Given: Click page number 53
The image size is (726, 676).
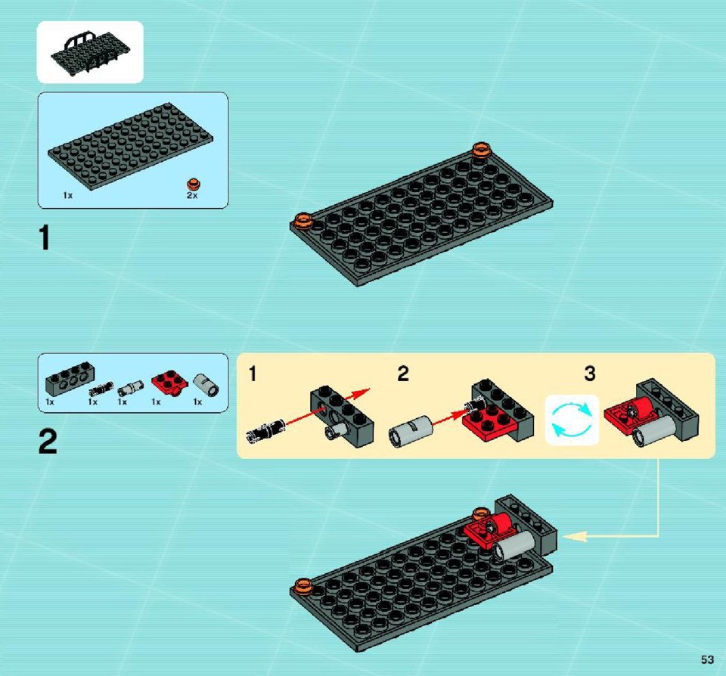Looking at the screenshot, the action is [707, 659].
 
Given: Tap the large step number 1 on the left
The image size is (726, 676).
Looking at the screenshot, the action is [45, 238].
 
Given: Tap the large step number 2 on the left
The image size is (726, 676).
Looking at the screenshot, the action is [48, 442].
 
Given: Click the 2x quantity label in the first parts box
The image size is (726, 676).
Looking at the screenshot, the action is [192, 195].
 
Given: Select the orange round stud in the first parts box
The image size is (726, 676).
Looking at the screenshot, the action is [194, 184].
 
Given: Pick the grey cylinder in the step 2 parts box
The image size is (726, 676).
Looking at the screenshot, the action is [206, 385].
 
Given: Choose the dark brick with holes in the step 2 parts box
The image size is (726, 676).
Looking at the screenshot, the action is [70, 378].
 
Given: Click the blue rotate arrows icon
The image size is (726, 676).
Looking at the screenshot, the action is [572, 420].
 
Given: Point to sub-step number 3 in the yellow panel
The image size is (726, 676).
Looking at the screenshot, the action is [589, 374].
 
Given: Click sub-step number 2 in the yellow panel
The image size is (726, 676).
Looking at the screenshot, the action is [403, 374].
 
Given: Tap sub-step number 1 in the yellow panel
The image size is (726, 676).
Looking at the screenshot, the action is [253, 374].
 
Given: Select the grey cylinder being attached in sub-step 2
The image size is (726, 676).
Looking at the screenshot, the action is [411, 430].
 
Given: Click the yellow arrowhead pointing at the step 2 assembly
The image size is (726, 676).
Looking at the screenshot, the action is [574, 536].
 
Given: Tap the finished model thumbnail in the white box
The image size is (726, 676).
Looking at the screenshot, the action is [90, 52].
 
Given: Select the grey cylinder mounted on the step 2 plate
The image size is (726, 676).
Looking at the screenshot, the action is [513, 546].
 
